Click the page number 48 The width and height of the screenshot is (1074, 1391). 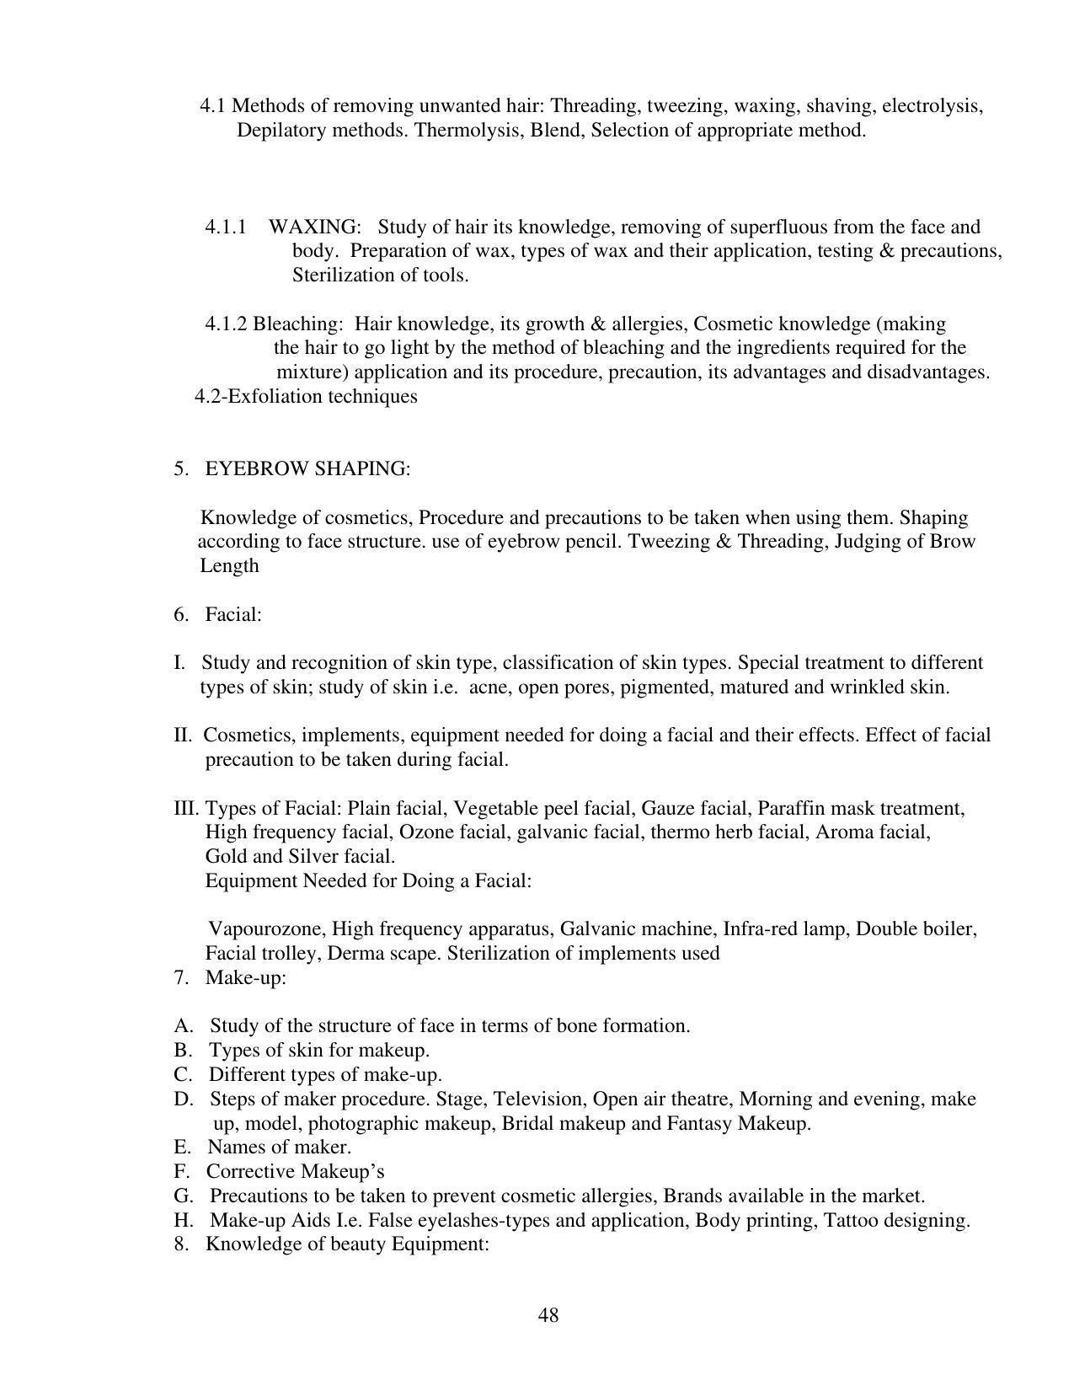pos(548,1315)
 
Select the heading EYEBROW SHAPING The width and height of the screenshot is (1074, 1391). pos(307,468)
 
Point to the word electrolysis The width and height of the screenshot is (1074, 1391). pos(932,106)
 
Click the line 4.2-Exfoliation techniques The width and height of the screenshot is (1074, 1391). pos(306,396)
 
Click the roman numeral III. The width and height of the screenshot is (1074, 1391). pos(186,809)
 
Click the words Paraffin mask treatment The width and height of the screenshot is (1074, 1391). pos(860,809)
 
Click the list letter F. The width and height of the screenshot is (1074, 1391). pos(180,1172)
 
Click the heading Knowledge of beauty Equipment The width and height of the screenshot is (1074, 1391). pos(346,1244)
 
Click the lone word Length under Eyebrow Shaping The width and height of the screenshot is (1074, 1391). pos(229,566)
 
